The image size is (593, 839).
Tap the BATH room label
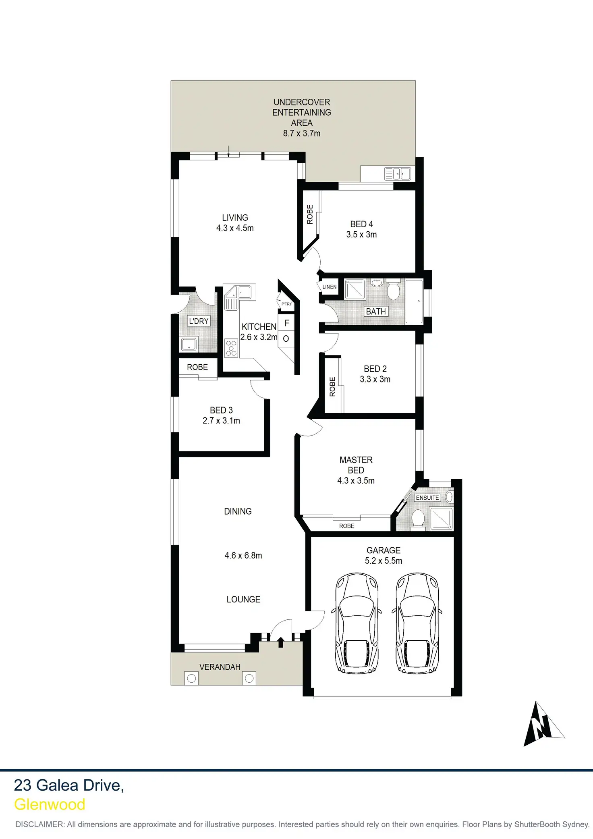click(x=376, y=312)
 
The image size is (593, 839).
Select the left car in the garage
click(x=357, y=623)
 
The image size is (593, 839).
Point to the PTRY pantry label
click(x=286, y=304)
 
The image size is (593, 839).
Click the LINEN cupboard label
click(x=330, y=287)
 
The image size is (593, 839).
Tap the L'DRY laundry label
click(x=199, y=321)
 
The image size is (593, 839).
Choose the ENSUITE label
click(x=427, y=498)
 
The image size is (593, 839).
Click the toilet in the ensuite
click(x=418, y=518)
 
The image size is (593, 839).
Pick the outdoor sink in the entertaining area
click(x=398, y=174)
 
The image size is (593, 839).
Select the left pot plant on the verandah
click(x=192, y=678)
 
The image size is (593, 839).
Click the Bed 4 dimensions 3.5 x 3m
click(x=361, y=235)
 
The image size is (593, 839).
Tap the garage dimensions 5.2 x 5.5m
click(x=383, y=561)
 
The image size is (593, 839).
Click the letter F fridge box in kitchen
click(x=287, y=323)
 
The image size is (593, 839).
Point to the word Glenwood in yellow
click(x=50, y=804)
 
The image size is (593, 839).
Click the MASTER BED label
click(x=356, y=465)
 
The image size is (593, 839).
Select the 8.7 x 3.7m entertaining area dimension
click(x=301, y=133)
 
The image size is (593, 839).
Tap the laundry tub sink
click(x=189, y=345)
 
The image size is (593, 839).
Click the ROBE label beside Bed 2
click(x=332, y=386)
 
